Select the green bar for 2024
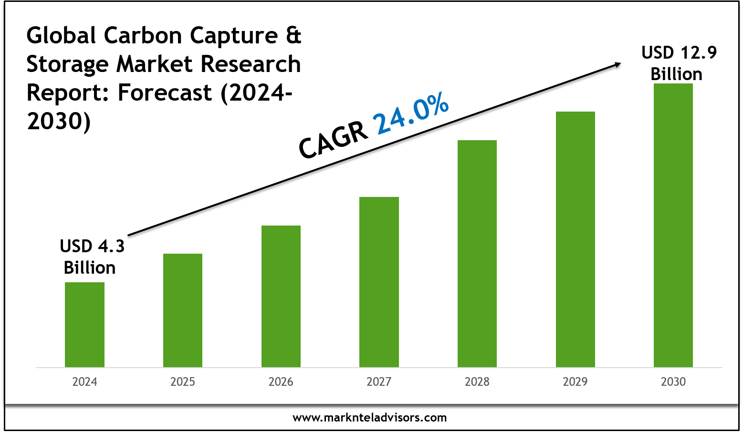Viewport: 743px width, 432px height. click(x=84, y=325)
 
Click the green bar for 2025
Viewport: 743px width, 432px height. click(x=183, y=310)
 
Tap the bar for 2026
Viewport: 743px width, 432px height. click(x=281, y=296)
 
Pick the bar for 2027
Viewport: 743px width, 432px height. click(x=379, y=282)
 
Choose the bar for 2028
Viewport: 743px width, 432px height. click(x=477, y=254)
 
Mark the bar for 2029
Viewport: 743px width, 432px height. click(x=576, y=239)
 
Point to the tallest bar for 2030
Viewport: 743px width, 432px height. click(x=673, y=225)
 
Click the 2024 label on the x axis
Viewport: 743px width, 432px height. click(x=84, y=382)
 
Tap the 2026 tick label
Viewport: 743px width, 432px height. click(x=281, y=382)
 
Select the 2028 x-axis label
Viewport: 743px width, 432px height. click(x=477, y=382)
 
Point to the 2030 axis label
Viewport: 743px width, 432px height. click(x=673, y=382)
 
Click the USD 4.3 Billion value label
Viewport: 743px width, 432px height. click(x=91, y=257)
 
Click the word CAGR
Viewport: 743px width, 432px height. click(x=334, y=140)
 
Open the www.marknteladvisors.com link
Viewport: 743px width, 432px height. click(x=370, y=418)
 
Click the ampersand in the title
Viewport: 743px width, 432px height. click(x=293, y=36)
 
